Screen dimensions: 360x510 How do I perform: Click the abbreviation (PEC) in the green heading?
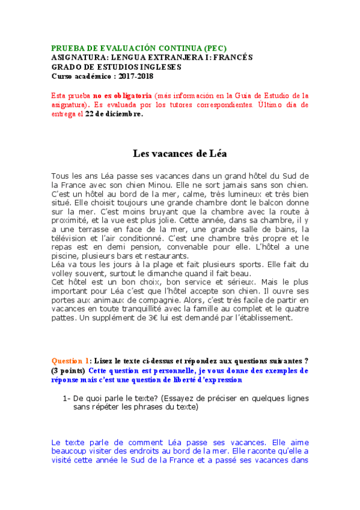tap(213, 49)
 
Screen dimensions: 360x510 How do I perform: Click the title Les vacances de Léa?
tap(180, 153)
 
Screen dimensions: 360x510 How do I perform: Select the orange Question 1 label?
tap(72, 361)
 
